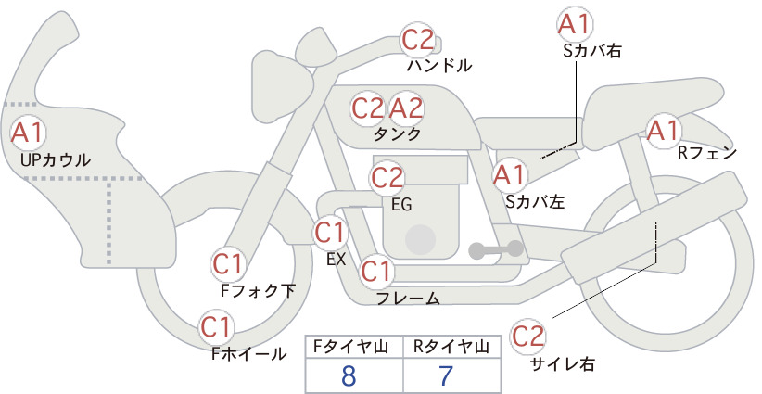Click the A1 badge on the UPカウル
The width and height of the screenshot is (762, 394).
(28, 133)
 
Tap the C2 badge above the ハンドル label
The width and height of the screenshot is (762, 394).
(417, 40)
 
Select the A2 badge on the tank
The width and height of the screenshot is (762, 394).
(406, 108)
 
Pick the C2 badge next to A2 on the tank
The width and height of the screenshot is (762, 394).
(368, 108)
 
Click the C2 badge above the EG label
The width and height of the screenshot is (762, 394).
(387, 178)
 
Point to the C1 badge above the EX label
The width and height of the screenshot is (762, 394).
(330, 233)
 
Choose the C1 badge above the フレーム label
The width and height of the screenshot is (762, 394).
(376, 271)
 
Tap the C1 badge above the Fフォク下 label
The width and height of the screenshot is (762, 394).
(227, 265)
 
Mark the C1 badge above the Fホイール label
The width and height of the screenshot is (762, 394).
(216, 327)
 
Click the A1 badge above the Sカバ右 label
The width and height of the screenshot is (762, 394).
(575, 24)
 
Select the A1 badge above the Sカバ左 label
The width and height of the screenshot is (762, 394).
(510, 175)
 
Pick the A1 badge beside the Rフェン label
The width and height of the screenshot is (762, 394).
(664, 130)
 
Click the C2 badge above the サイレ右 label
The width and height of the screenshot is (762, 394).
(527, 336)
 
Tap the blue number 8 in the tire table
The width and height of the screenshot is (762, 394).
(349, 375)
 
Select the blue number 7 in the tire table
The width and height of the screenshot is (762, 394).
(445, 375)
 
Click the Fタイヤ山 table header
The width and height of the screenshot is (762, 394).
(350, 347)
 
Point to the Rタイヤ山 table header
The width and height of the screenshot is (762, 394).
(452, 347)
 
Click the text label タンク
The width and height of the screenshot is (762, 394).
(397, 133)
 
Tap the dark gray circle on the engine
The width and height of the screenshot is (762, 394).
(420, 239)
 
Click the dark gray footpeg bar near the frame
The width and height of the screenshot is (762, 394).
(496, 249)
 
